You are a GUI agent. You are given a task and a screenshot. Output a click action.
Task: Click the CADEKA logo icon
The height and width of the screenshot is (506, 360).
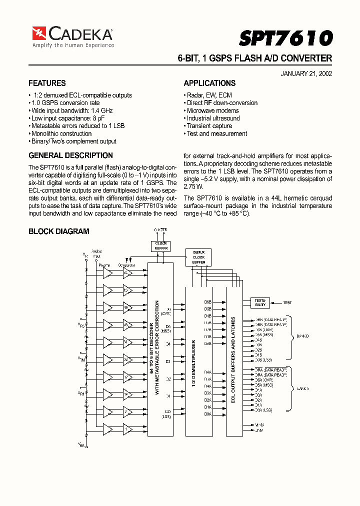coord(39,33)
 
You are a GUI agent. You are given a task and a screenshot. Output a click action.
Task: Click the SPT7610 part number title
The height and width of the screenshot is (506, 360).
coord(285,38)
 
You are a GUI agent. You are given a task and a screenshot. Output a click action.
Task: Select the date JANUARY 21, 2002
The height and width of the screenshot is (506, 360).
coord(306,73)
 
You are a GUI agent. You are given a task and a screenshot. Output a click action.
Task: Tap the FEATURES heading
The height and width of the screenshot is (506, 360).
coord(47,83)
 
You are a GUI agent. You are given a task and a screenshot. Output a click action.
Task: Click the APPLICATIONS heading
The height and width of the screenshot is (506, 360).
coord(209,83)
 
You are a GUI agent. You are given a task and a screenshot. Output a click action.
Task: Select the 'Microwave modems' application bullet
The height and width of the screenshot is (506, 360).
coord(212,110)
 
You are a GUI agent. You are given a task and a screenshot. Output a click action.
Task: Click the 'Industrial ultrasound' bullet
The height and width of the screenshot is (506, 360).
coord(213,118)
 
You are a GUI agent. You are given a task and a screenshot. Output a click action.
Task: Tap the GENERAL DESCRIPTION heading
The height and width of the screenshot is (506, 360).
coord(70,155)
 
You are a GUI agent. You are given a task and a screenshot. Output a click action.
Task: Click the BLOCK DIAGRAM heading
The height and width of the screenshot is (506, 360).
coord(58,231)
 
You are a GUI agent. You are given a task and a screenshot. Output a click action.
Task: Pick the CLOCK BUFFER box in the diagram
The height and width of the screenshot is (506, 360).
coord(161,245)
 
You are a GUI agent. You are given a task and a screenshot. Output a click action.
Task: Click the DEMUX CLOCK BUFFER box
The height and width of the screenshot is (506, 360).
coord(198,257)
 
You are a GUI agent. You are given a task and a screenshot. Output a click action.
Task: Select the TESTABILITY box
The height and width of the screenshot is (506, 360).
coord(260,302)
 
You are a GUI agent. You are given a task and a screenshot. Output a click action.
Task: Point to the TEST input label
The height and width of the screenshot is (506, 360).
coord(287,302)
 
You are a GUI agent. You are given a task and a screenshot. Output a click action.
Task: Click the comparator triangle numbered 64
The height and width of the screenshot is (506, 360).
coord(127,273)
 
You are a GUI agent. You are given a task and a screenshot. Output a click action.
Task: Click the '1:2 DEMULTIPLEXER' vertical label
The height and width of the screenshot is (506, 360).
coord(194,360)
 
